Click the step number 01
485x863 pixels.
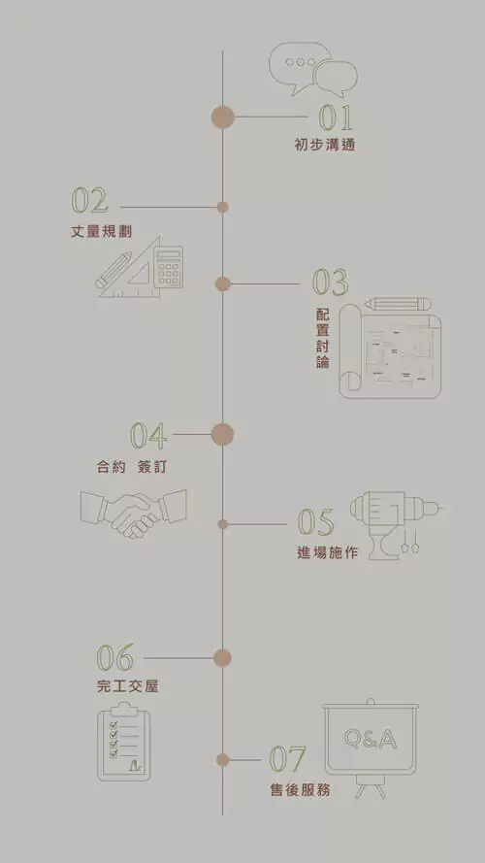click(336, 116)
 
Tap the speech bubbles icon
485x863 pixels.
click(313, 70)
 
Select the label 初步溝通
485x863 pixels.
click(325, 145)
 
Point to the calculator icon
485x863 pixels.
click(168, 268)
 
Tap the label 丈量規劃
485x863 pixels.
click(101, 232)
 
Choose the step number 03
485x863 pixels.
click(331, 282)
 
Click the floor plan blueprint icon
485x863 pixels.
click(390, 351)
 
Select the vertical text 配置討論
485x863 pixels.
click(323, 339)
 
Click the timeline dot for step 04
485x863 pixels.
click(223, 434)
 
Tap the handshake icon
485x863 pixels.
click(133, 514)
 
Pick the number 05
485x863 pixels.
click(315, 522)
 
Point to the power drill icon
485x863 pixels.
click(396, 525)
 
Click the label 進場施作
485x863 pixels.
click(327, 552)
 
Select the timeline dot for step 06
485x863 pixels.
click(222, 658)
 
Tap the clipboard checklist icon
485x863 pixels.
click(124, 742)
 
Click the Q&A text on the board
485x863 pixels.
click(371, 739)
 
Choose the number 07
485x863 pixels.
click(287, 759)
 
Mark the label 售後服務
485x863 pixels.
click(301, 790)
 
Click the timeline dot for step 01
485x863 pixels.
click(223, 117)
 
